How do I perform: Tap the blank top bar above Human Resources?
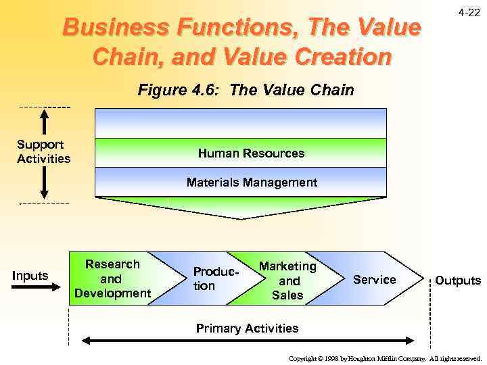pos(241,123)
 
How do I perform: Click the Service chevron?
pos(374,279)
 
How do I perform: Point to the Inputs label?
pos(30,275)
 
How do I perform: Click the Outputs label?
pos(457,280)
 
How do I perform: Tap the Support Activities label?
pos(43,152)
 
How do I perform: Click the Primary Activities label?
pos(247,328)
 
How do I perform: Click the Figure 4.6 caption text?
pos(246,91)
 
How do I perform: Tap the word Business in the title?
pos(109,28)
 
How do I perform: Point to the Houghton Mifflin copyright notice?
pos(384,358)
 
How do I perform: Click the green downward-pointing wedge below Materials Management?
pos(241,207)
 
